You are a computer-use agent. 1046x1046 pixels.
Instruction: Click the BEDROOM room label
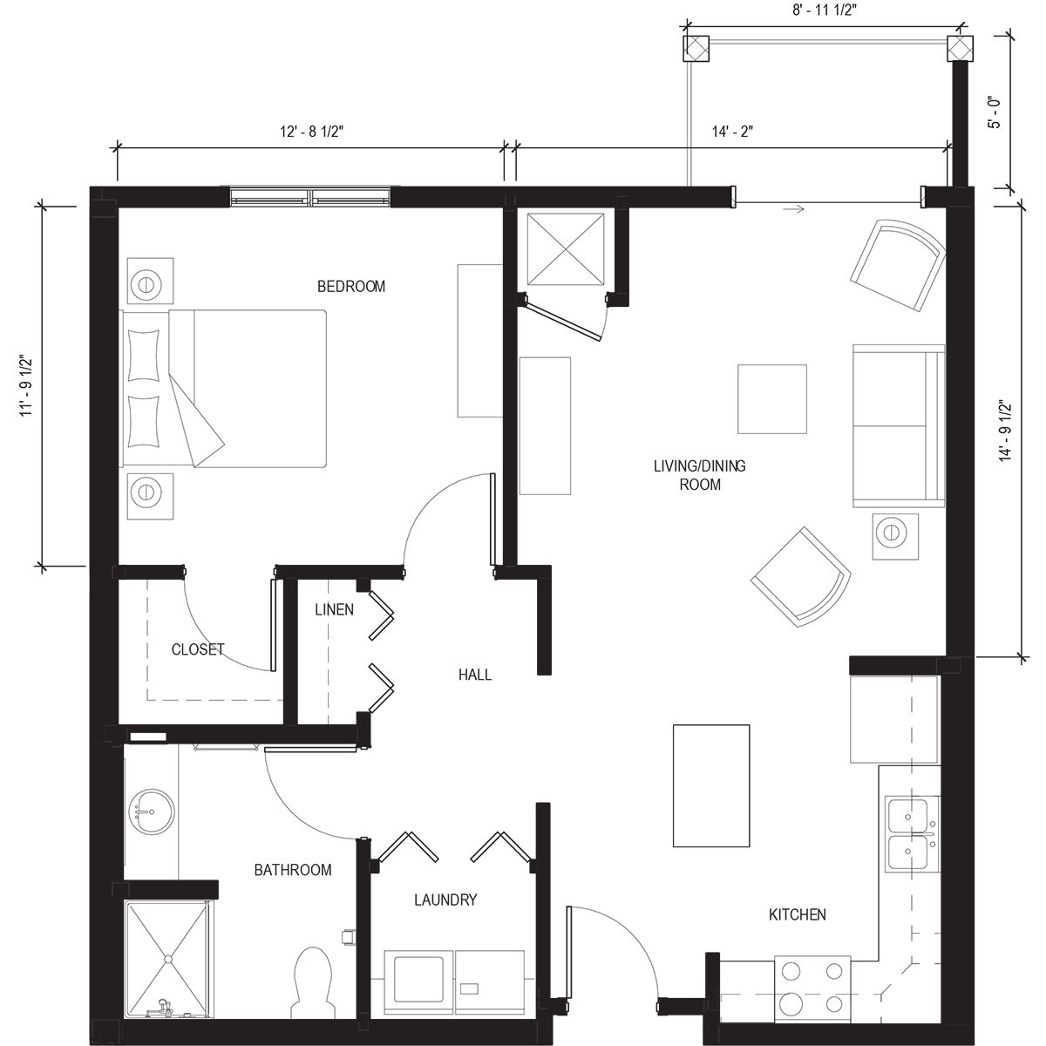(x=350, y=287)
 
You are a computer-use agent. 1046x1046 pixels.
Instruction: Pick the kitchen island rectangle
(x=711, y=785)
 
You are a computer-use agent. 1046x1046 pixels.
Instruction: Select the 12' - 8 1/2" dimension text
(x=309, y=131)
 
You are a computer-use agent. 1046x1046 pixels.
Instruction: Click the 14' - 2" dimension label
(x=731, y=131)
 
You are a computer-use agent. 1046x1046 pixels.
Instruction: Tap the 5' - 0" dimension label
(x=993, y=112)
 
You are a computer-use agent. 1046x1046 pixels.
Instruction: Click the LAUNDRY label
(x=445, y=900)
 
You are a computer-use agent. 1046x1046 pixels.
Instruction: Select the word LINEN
(x=334, y=609)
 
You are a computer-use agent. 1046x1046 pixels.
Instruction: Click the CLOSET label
(x=198, y=649)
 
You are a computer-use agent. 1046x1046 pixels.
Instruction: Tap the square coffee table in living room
(x=772, y=398)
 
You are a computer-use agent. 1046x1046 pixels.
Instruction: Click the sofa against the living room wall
(x=898, y=425)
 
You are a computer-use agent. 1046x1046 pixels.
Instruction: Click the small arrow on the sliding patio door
(x=793, y=209)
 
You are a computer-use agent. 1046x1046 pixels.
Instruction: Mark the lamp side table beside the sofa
(x=895, y=533)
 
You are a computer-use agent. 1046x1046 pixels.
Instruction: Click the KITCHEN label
(x=797, y=914)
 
